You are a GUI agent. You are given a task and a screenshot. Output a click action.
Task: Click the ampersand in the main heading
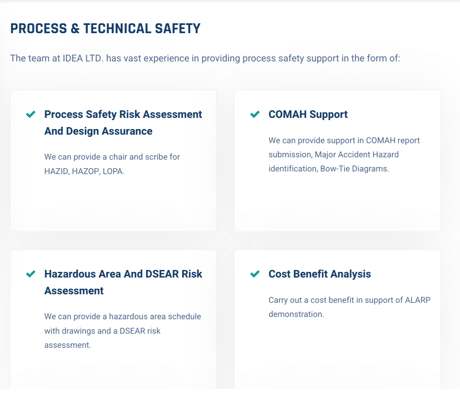[75, 29]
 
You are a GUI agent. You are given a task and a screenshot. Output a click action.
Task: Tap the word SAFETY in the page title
[177, 29]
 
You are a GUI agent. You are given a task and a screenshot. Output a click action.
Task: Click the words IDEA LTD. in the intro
[83, 58]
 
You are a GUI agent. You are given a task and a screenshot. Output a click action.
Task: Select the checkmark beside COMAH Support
[255, 114]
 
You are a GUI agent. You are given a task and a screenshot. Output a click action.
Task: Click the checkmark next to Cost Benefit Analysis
[255, 274]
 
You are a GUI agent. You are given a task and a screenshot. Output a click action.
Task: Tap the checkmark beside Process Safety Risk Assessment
[30, 114]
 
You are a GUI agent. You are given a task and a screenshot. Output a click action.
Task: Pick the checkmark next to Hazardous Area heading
[30, 274]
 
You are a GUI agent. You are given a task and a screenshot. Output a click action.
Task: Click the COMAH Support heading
[308, 114]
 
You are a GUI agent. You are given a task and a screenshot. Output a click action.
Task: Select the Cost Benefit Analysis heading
[320, 274]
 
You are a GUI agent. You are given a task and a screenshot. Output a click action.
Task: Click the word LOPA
[113, 171]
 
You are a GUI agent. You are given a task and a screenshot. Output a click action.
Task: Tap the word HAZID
[56, 171]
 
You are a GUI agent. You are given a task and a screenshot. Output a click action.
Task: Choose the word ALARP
[418, 300]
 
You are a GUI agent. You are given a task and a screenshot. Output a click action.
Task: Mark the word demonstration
[296, 314]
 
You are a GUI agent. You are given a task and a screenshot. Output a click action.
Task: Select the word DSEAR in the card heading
[162, 274]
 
